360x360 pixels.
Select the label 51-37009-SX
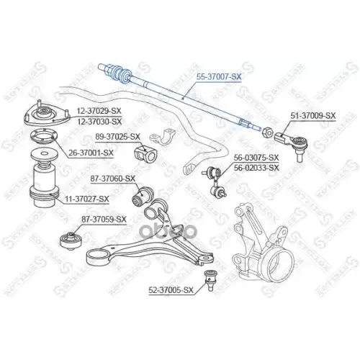(312, 115)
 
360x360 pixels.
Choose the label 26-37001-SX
(91, 152)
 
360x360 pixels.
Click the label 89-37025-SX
(118, 135)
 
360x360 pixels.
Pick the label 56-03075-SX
(256, 157)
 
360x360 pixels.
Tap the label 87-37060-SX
(113, 178)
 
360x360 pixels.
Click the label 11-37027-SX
(87, 199)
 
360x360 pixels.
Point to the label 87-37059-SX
(104, 219)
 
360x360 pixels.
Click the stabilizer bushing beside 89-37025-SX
(146, 153)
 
